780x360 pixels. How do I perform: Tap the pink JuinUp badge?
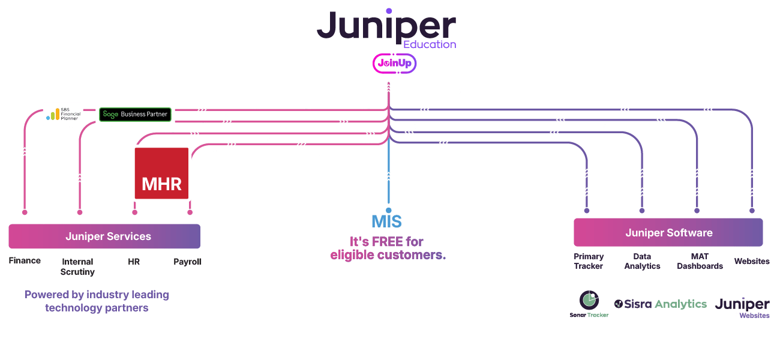click(x=395, y=63)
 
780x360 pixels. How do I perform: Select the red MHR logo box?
click(x=161, y=173)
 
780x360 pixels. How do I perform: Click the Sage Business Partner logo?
click(x=135, y=114)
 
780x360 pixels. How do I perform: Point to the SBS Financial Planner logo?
click(x=63, y=114)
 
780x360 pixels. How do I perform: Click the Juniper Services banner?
click(x=104, y=236)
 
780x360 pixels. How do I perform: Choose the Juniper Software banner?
click(x=668, y=232)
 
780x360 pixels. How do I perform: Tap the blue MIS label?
click(x=386, y=221)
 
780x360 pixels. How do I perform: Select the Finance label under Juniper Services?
click(x=25, y=260)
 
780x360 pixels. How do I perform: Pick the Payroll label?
click(x=187, y=262)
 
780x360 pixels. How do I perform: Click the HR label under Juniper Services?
click(x=134, y=262)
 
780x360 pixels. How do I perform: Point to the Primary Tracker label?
click(x=588, y=261)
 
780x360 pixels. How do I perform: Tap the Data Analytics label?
click(x=642, y=261)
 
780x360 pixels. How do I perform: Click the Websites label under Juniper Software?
click(x=752, y=261)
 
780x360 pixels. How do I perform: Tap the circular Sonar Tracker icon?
click(x=589, y=300)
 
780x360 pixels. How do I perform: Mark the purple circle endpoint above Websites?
click(x=752, y=211)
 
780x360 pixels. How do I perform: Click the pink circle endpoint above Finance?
click(x=25, y=212)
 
